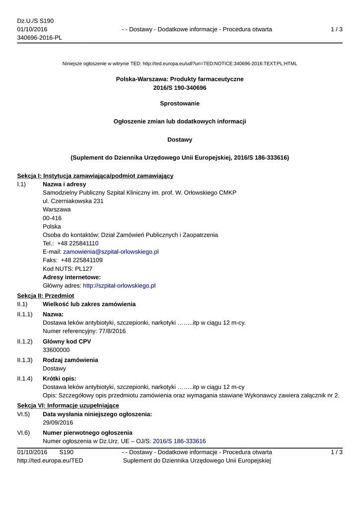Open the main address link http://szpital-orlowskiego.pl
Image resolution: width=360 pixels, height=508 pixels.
click(119, 285)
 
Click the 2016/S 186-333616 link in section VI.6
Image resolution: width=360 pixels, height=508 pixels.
click(179, 441)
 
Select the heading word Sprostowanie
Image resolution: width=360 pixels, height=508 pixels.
click(180, 103)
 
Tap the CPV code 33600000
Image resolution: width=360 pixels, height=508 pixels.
click(56, 350)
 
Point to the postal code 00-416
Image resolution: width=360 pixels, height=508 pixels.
click(52, 218)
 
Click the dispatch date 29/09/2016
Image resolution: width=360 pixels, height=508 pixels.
click(58, 423)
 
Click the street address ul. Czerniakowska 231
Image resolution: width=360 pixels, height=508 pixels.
click(73, 201)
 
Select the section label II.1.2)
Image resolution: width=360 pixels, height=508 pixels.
click(25, 341)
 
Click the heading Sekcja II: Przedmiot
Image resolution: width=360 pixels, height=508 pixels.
click(45, 295)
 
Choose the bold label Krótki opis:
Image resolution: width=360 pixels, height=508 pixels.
click(63, 379)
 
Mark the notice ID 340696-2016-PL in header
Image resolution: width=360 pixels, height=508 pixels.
click(39, 38)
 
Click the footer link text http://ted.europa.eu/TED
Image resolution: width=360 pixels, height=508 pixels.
click(50, 460)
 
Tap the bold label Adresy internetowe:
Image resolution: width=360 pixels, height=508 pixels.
click(72, 277)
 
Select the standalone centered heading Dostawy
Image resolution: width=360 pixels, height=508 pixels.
click(180, 139)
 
